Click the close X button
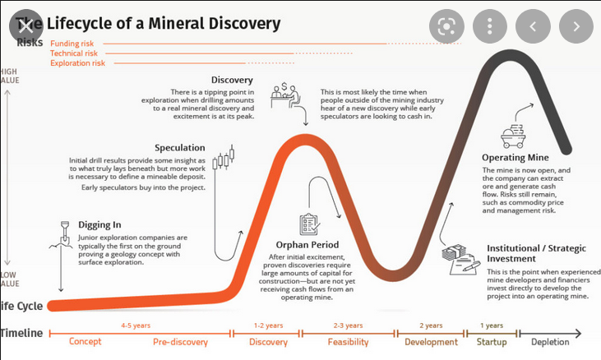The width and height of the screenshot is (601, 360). [x=26, y=26]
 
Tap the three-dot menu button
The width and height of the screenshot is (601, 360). [x=489, y=26]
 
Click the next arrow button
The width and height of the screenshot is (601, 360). [x=576, y=26]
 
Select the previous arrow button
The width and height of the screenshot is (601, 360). [x=533, y=26]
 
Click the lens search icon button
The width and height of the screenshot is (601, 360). [x=446, y=26]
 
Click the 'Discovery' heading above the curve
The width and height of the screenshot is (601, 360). [x=232, y=80]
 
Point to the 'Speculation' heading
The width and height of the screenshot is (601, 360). [x=180, y=148]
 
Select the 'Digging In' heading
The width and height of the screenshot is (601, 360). [x=99, y=224]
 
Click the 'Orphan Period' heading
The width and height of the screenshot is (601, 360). [x=308, y=245]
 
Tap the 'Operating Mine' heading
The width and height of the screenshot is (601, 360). [x=515, y=157]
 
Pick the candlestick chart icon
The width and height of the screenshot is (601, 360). [x=223, y=159]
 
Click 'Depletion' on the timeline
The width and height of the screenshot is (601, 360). [x=550, y=342]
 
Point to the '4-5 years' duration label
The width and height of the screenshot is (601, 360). [x=136, y=325]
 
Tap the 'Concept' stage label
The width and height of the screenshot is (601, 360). [x=86, y=342]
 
